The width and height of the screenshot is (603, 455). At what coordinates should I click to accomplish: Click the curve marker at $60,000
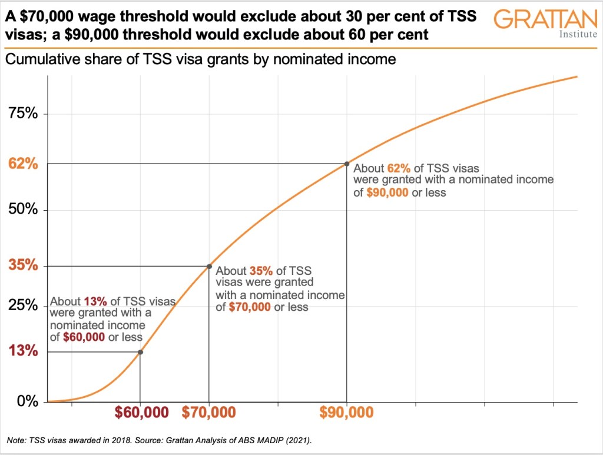tap(140, 352)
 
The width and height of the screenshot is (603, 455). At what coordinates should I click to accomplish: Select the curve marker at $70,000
tap(209, 266)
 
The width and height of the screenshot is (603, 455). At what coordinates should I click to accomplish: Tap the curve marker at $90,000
tap(347, 164)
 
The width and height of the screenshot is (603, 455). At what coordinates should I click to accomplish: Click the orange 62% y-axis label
tap(24, 164)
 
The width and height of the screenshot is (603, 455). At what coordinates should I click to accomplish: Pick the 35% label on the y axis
tap(24, 266)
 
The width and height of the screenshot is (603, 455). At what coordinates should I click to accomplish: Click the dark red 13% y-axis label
tap(24, 352)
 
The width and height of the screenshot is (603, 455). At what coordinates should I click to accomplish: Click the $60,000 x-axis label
tap(141, 413)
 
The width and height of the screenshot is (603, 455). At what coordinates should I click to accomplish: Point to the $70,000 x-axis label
tap(209, 413)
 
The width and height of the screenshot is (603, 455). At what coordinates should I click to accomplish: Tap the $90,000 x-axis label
tap(347, 413)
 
